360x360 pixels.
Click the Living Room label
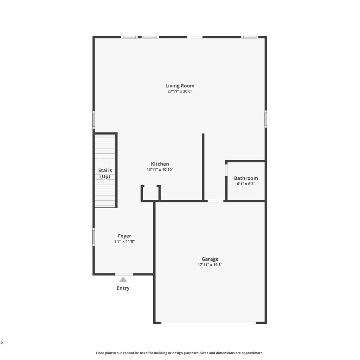180,86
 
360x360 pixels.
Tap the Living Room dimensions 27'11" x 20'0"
180,91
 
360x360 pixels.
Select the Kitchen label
160,164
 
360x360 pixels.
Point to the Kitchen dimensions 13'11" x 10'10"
160,170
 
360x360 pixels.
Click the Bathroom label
246,178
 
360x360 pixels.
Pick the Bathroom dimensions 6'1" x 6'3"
246,184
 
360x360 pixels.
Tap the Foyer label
124,236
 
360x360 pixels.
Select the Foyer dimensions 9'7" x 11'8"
124,242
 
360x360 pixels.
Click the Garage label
210,259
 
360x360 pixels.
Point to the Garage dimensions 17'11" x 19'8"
210,265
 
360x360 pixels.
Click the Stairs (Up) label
105,173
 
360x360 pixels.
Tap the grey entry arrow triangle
123,279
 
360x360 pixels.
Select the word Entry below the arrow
123,288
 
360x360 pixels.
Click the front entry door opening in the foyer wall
124,274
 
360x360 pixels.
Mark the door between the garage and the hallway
216,201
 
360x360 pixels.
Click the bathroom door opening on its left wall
226,170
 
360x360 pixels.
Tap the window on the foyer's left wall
94,237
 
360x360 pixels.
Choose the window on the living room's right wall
266,119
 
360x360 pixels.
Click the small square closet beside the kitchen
150,194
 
